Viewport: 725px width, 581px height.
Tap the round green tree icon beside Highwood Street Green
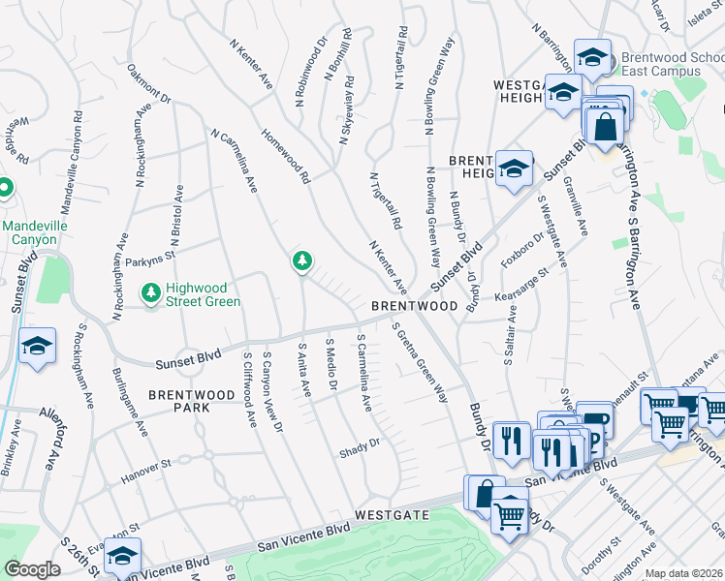click(150, 291)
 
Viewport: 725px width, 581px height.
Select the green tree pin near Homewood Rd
click(302, 260)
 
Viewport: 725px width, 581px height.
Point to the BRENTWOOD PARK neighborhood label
click(192, 402)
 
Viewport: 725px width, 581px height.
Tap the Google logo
click(32, 569)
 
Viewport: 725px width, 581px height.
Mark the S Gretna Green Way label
click(420, 363)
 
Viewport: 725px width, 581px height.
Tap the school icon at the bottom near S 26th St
click(122, 557)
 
